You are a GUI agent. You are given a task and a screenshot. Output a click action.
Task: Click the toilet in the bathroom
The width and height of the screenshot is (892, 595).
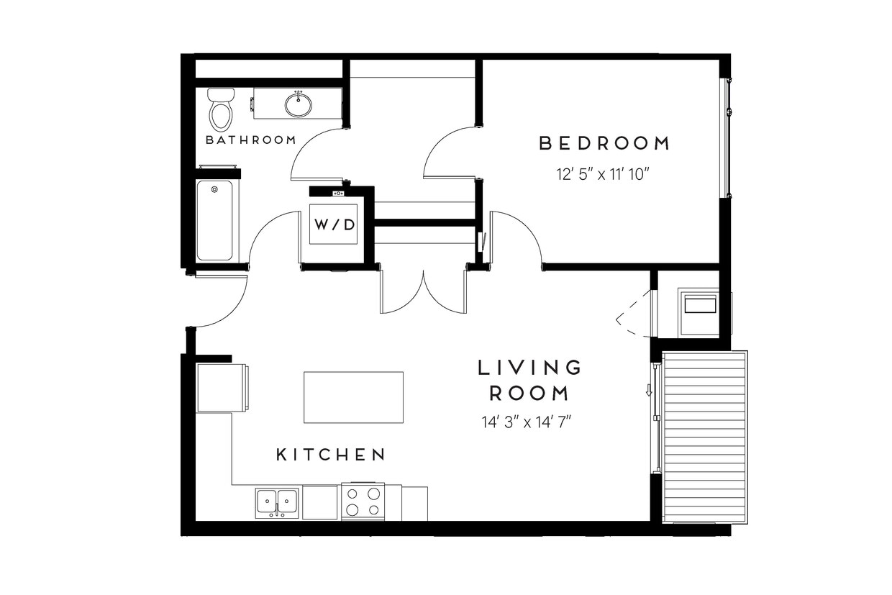click(x=221, y=109)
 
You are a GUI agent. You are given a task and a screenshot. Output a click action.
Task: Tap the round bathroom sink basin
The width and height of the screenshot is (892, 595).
click(x=299, y=105)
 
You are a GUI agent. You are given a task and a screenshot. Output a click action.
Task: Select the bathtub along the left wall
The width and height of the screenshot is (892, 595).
click(x=215, y=220)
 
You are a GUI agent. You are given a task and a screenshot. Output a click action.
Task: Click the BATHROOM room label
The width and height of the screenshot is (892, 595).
click(x=250, y=140)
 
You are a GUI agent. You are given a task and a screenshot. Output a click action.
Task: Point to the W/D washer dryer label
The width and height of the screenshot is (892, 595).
click(x=333, y=224)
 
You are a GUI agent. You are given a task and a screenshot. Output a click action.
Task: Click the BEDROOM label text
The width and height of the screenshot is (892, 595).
click(x=604, y=143)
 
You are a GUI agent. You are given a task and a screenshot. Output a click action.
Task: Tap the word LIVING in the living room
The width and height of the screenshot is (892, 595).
click(x=529, y=368)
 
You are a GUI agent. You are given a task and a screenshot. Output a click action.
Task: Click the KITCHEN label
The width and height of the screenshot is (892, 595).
click(x=332, y=455)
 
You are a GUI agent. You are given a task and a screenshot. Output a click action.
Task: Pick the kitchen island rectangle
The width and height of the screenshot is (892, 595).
click(x=353, y=397)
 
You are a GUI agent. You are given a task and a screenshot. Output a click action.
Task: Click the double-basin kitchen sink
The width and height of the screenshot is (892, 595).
click(x=277, y=501)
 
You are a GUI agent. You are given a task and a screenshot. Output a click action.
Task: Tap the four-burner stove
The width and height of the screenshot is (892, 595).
click(x=363, y=501)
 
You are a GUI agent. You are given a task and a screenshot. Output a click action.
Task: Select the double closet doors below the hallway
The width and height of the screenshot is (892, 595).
click(x=424, y=292)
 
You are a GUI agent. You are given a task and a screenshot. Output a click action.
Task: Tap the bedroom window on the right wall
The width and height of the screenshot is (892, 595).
click(x=727, y=137)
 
